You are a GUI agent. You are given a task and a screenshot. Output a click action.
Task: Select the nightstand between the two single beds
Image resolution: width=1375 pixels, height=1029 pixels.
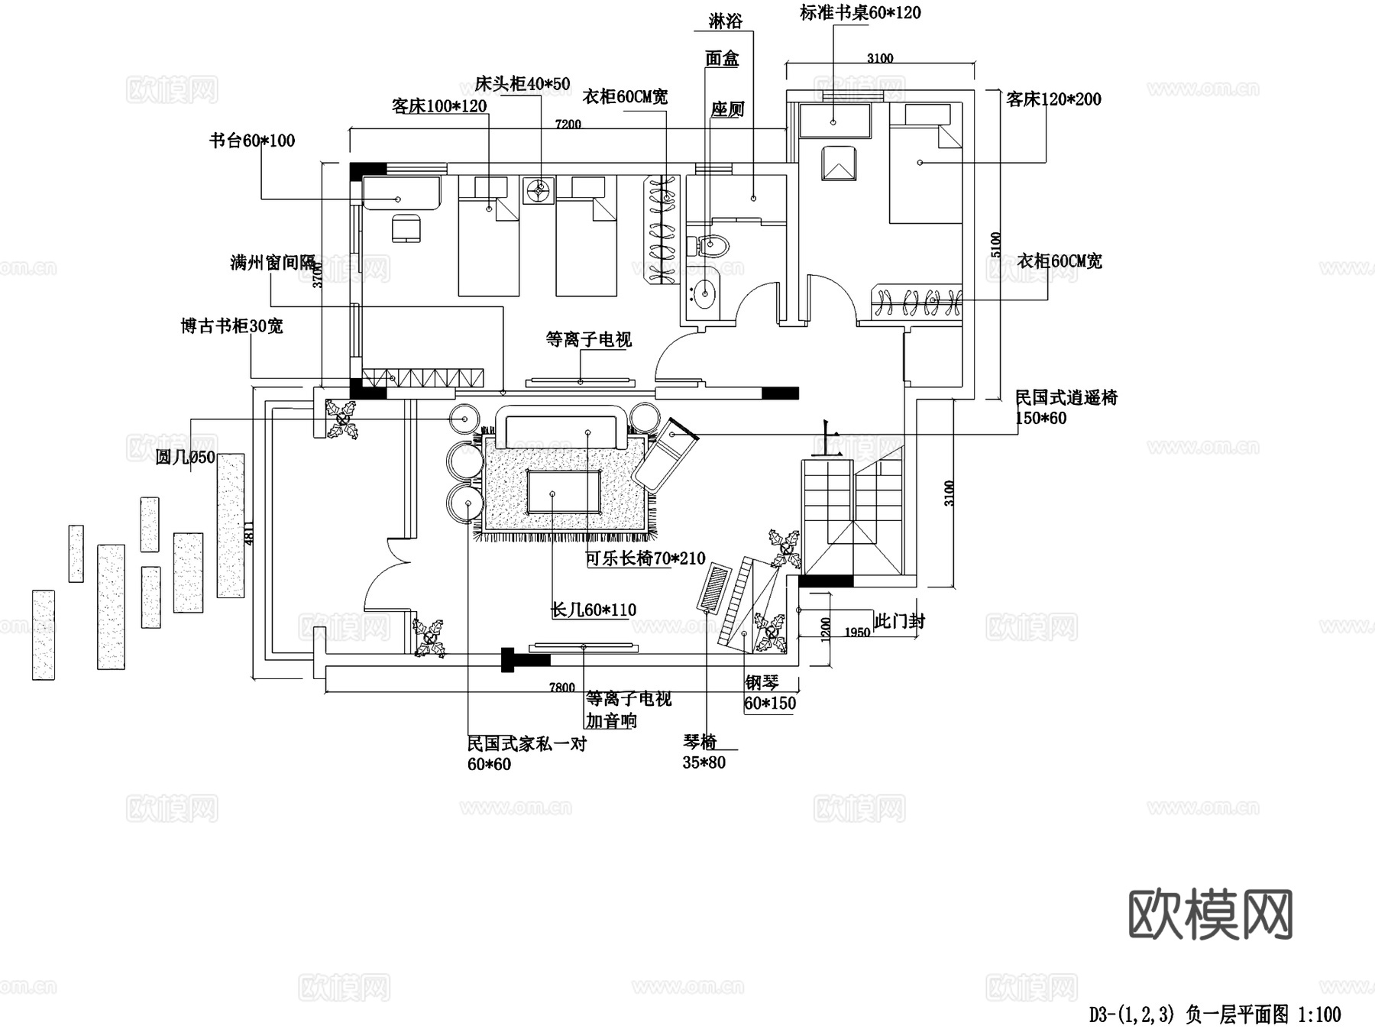point(539,190)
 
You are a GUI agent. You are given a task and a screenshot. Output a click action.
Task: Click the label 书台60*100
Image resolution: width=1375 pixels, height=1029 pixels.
point(252,141)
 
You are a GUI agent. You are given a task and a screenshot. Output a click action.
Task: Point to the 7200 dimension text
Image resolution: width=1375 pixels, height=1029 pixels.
point(568,124)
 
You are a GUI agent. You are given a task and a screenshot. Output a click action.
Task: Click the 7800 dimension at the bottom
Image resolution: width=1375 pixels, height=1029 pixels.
point(561,687)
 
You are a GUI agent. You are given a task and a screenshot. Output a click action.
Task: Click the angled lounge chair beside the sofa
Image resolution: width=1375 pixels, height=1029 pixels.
point(665,453)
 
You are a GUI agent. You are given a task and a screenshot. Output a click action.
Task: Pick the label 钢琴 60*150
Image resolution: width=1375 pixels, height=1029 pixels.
point(769,693)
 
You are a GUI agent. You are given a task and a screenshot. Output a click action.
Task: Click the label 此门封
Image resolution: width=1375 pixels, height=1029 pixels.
point(899,621)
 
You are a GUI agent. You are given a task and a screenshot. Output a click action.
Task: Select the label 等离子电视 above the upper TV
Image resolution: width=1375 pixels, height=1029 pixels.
point(588,339)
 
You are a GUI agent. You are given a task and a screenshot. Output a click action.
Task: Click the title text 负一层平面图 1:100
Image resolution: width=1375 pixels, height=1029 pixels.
point(1215,1014)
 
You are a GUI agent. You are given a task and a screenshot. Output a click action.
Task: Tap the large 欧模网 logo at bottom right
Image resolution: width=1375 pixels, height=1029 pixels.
point(1210,914)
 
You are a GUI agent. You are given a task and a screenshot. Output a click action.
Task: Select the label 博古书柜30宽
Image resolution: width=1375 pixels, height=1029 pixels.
point(231,326)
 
